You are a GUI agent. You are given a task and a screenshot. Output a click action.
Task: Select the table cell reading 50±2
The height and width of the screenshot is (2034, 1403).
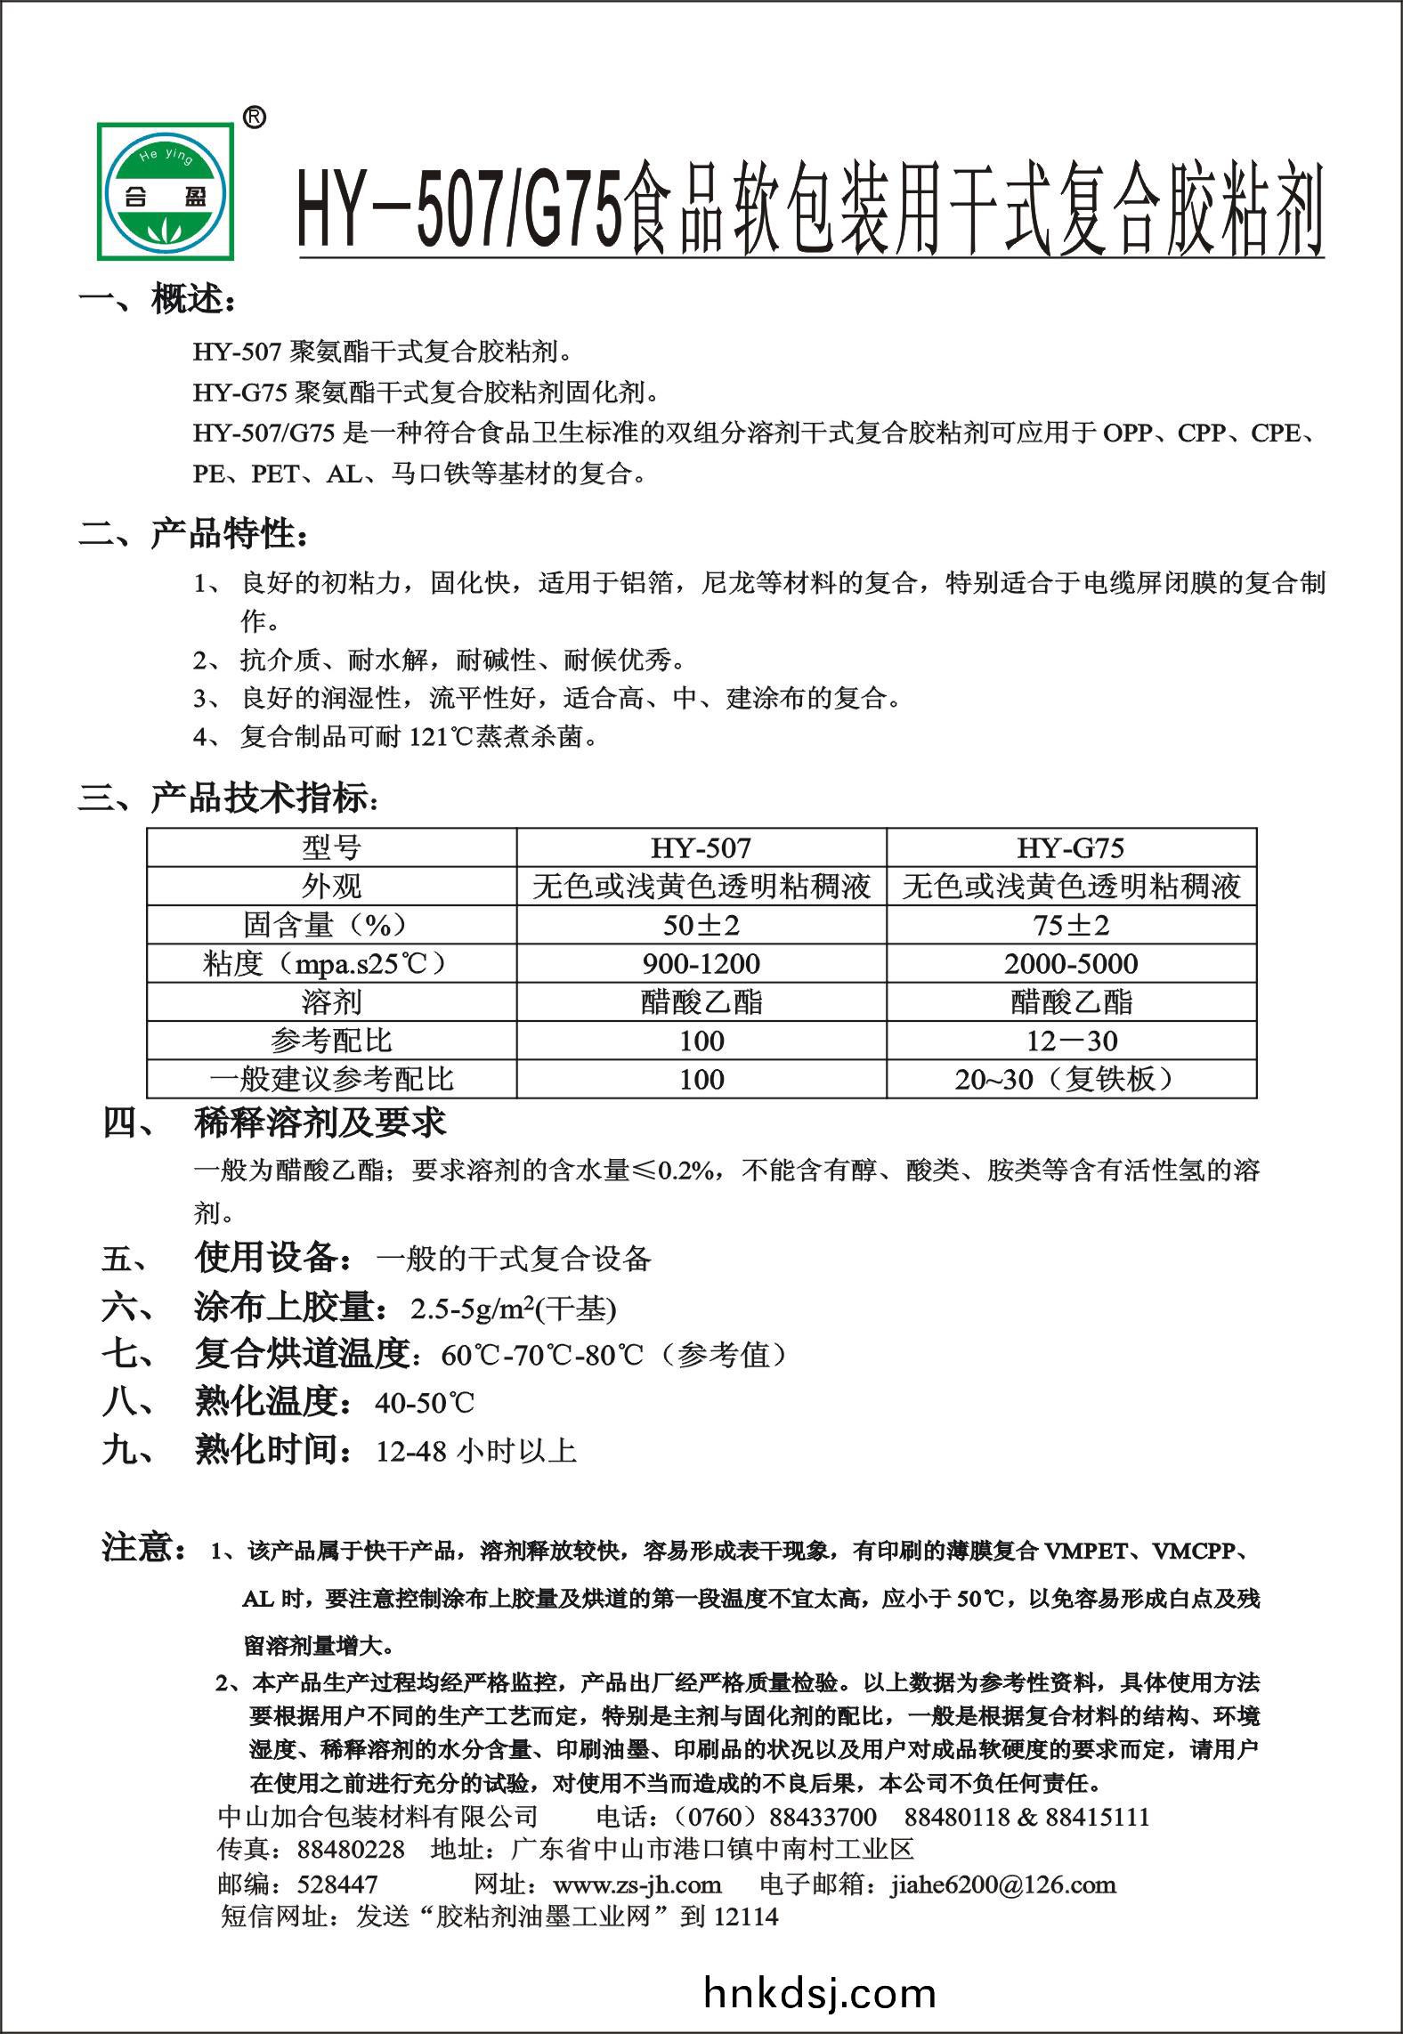point(701,926)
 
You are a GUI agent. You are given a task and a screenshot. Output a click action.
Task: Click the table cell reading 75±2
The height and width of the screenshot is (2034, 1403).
point(1071,926)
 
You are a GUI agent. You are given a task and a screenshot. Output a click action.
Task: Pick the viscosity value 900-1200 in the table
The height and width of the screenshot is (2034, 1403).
point(701,964)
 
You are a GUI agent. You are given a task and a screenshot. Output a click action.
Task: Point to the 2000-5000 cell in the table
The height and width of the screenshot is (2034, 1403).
point(1071,964)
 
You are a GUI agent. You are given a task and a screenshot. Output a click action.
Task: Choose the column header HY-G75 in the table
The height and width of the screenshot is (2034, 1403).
point(1071,847)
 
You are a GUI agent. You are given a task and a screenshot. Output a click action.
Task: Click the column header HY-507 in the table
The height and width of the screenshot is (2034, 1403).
point(701,847)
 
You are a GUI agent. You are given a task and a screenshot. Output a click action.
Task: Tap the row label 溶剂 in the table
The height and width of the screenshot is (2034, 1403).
point(331,1002)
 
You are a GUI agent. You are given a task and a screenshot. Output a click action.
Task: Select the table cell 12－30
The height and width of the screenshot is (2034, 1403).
point(1071,1041)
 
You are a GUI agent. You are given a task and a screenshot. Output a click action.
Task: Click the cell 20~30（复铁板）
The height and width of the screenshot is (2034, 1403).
point(1071,1080)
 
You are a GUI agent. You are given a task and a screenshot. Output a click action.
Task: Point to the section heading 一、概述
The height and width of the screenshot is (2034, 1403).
point(158,301)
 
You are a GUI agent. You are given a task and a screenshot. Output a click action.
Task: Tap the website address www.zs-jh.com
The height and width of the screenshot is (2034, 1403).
point(637,1884)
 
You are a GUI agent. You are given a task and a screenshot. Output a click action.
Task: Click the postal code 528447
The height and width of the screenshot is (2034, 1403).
point(337,1884)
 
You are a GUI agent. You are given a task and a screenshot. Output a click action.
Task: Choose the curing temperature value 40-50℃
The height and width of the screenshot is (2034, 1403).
point(425,1404)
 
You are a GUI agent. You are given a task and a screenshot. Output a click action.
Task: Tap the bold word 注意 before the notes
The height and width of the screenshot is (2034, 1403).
point(142,1548)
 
